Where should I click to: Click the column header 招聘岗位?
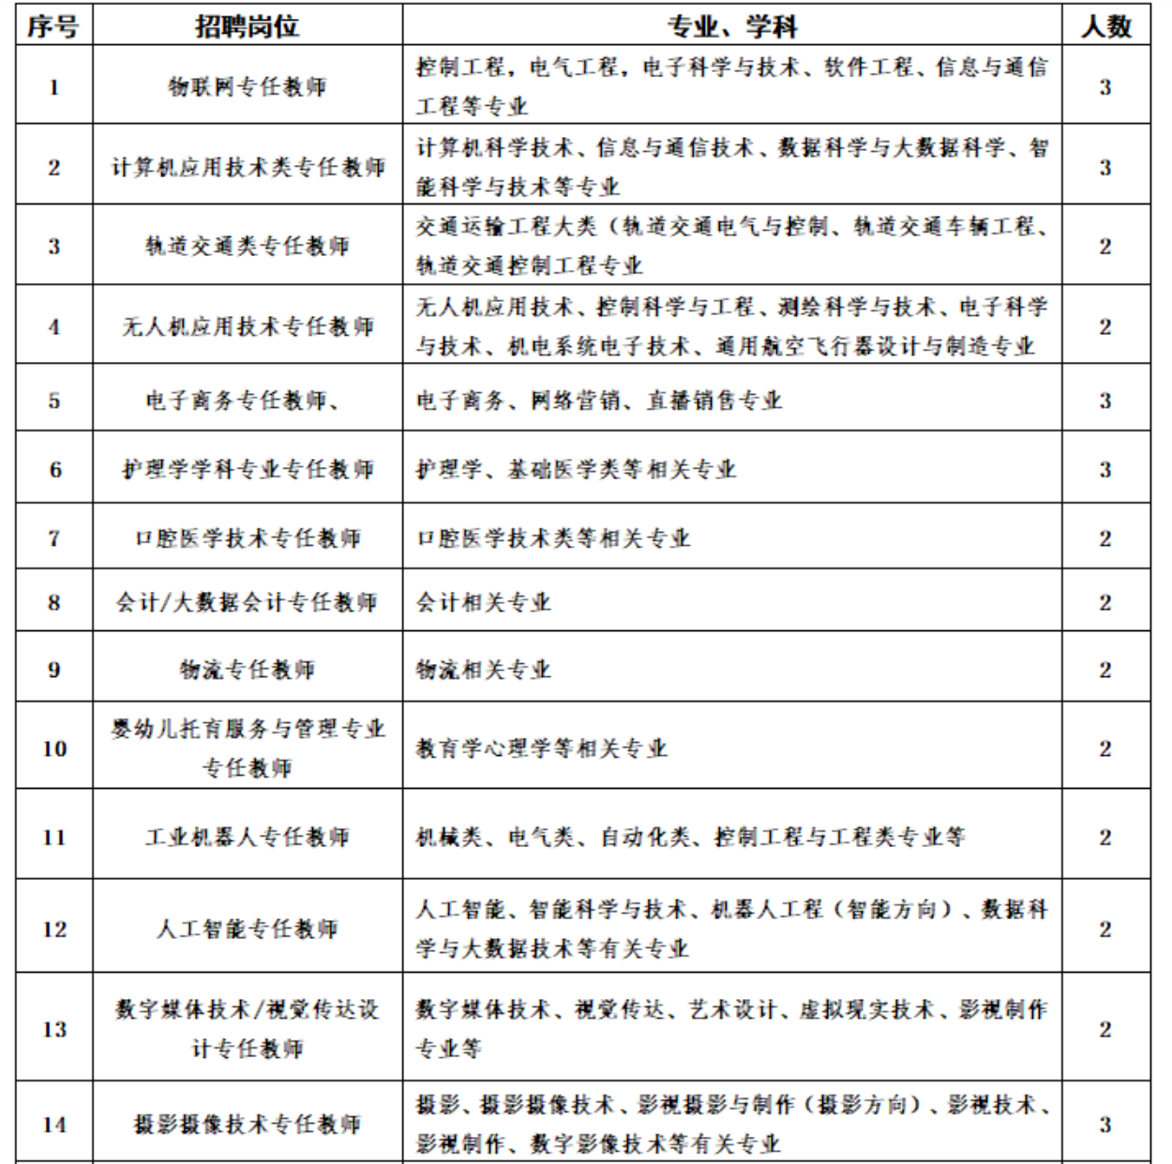(x=248, y=26)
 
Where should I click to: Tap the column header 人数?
(x=1105, y=26)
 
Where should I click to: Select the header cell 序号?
(x=53, y=26)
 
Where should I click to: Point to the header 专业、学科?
(x=731, y=26)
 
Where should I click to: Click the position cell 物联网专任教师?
(x=248, y=87)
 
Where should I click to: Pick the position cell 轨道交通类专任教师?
(x=248, y=246)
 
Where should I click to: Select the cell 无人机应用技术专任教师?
(x=248, y=326)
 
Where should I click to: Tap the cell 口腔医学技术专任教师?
(x=248, y=538)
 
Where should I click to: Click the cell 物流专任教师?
(x=248, y=670)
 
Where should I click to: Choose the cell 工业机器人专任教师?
(x=248, y=837)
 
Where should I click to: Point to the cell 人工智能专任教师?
(x=248, y=929)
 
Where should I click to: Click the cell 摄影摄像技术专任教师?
(x=248, y=1124)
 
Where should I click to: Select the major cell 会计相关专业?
(x=484, y=602)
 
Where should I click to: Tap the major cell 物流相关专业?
(x=484, y=670)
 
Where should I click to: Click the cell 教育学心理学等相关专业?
(x=542, y=748)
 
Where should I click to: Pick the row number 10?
(x=54, y=748)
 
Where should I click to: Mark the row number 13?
(x=54, y=1029)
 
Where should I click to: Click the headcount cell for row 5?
(x=1105, y=401)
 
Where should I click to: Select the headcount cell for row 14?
(x=1105, y=1124)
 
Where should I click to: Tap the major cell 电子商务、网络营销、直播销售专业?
(x=599, y=401)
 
